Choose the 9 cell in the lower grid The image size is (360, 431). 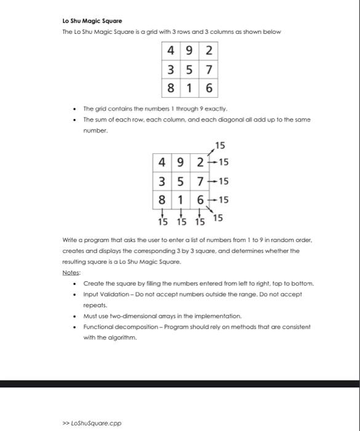pos(181,163)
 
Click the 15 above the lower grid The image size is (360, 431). pos(220,146)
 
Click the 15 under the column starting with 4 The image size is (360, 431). pos(162,222)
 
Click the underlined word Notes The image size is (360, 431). pos(72,272)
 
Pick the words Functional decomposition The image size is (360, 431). pos(118,326)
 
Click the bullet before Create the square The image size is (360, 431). pos(74,283)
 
